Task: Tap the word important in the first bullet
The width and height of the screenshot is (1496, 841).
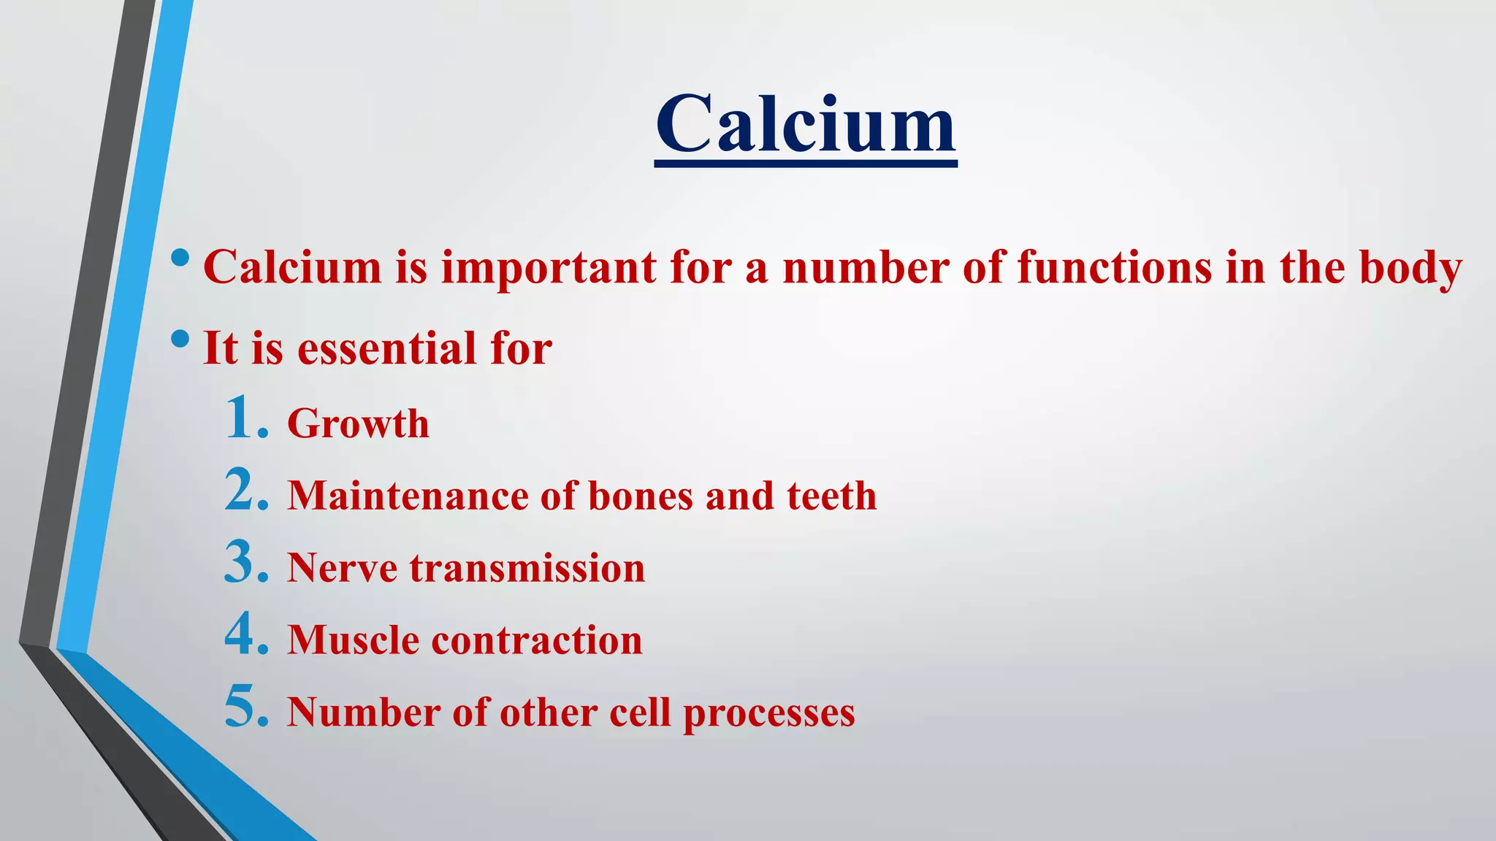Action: coord(549,267)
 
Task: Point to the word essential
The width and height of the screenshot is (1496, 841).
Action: coord(388,348)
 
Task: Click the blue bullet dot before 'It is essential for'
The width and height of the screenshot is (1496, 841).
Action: coord(180,339)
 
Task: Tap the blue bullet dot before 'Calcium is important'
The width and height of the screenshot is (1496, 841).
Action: coord(180,258)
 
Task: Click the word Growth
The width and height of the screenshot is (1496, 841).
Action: coord(358,423)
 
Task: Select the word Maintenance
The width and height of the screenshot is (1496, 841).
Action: coord(408,496)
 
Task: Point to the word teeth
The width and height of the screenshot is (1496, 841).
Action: coord(831,496)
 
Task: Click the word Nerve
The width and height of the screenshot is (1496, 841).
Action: coord(342,568)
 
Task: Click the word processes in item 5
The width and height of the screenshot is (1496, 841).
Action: coord(768,714)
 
